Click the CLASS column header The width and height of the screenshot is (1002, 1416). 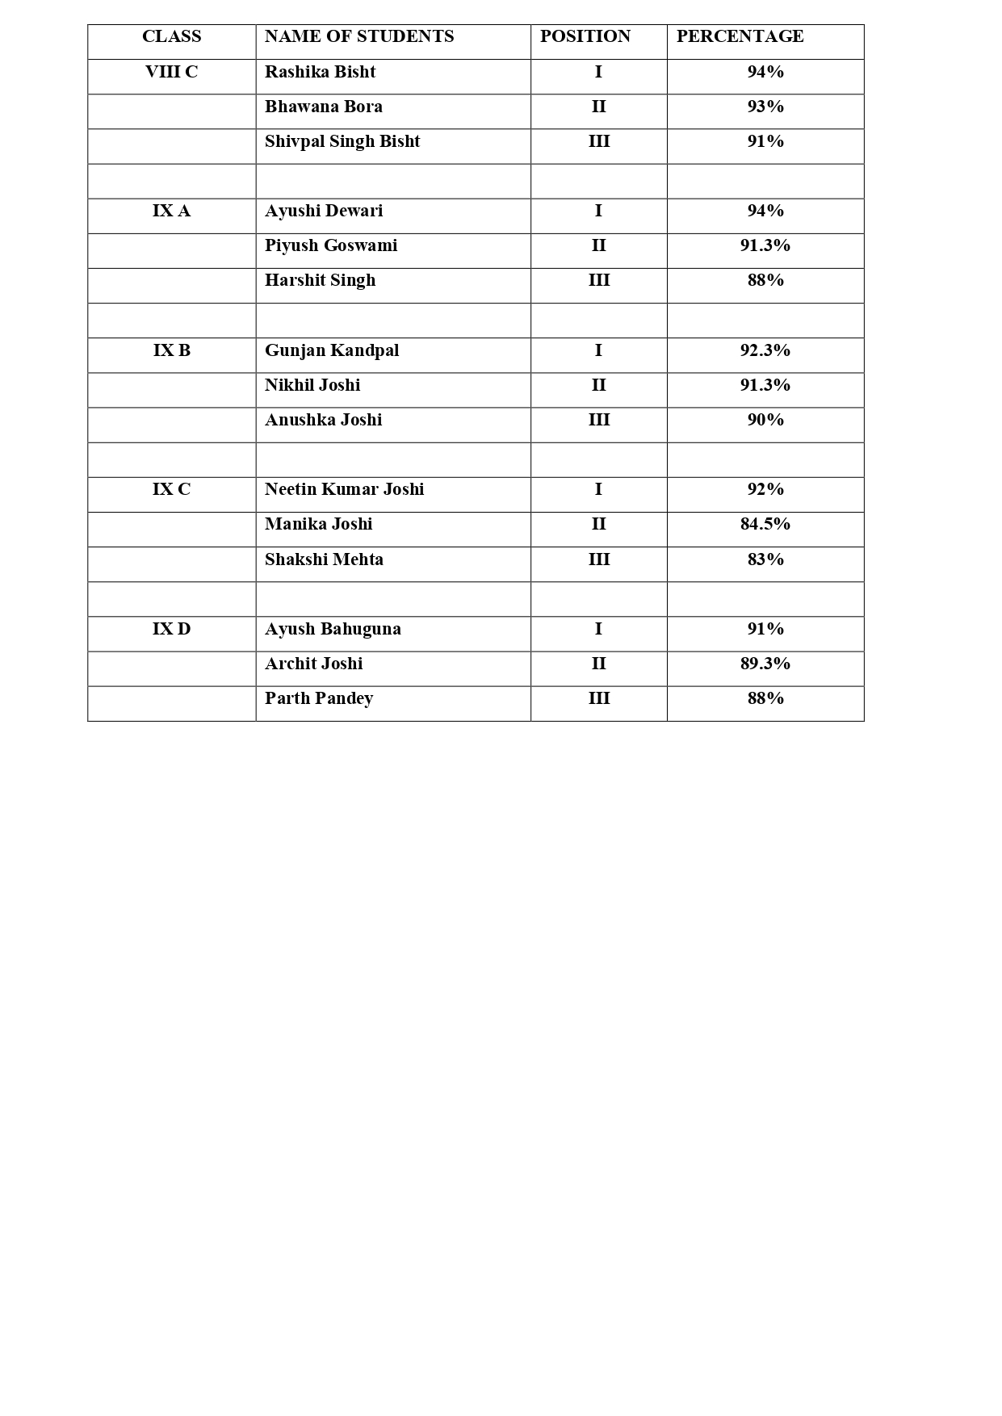click(x=171, y=37)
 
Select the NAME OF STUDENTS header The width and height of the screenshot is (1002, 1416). click(x=359, y=37)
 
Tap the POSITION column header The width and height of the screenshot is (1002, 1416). click(x=585, y=37)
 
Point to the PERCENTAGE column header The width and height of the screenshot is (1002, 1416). click(x=740, y=37)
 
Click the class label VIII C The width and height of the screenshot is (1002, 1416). click(x=171, y=73)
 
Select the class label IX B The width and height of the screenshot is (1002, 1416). click(x=171, y=351)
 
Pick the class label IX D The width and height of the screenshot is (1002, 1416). click(x=171, y=630)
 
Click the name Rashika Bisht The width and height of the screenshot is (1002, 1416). click(x=320, y=73)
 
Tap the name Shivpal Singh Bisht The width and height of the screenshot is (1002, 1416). click(x=342, y=142)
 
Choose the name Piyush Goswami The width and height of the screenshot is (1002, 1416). click(x=331, y=246)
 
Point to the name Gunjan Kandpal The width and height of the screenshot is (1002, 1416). click(x=332, y=351)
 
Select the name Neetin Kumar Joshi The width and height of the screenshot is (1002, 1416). click(x=344, y=490)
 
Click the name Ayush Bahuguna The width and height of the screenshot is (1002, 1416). click(x=333, y=630)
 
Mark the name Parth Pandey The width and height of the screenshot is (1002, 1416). click(x=319, y=699)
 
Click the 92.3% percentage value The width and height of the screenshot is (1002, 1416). click(x=765, y=351)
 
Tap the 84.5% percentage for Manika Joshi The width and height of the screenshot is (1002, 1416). click(x=765, y=525)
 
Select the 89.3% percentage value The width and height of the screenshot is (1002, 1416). click(x=765, y=664)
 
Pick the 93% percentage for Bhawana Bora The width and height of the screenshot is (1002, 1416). click(x=765, y=107)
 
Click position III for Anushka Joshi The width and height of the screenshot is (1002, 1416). click(x=598, y=421)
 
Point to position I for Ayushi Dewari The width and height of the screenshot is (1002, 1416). click(x=598, y=212)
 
